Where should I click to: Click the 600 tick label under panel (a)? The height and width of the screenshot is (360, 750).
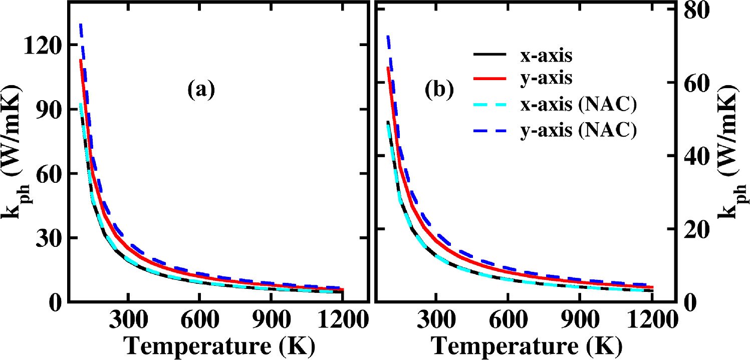(x=199, y=319)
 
